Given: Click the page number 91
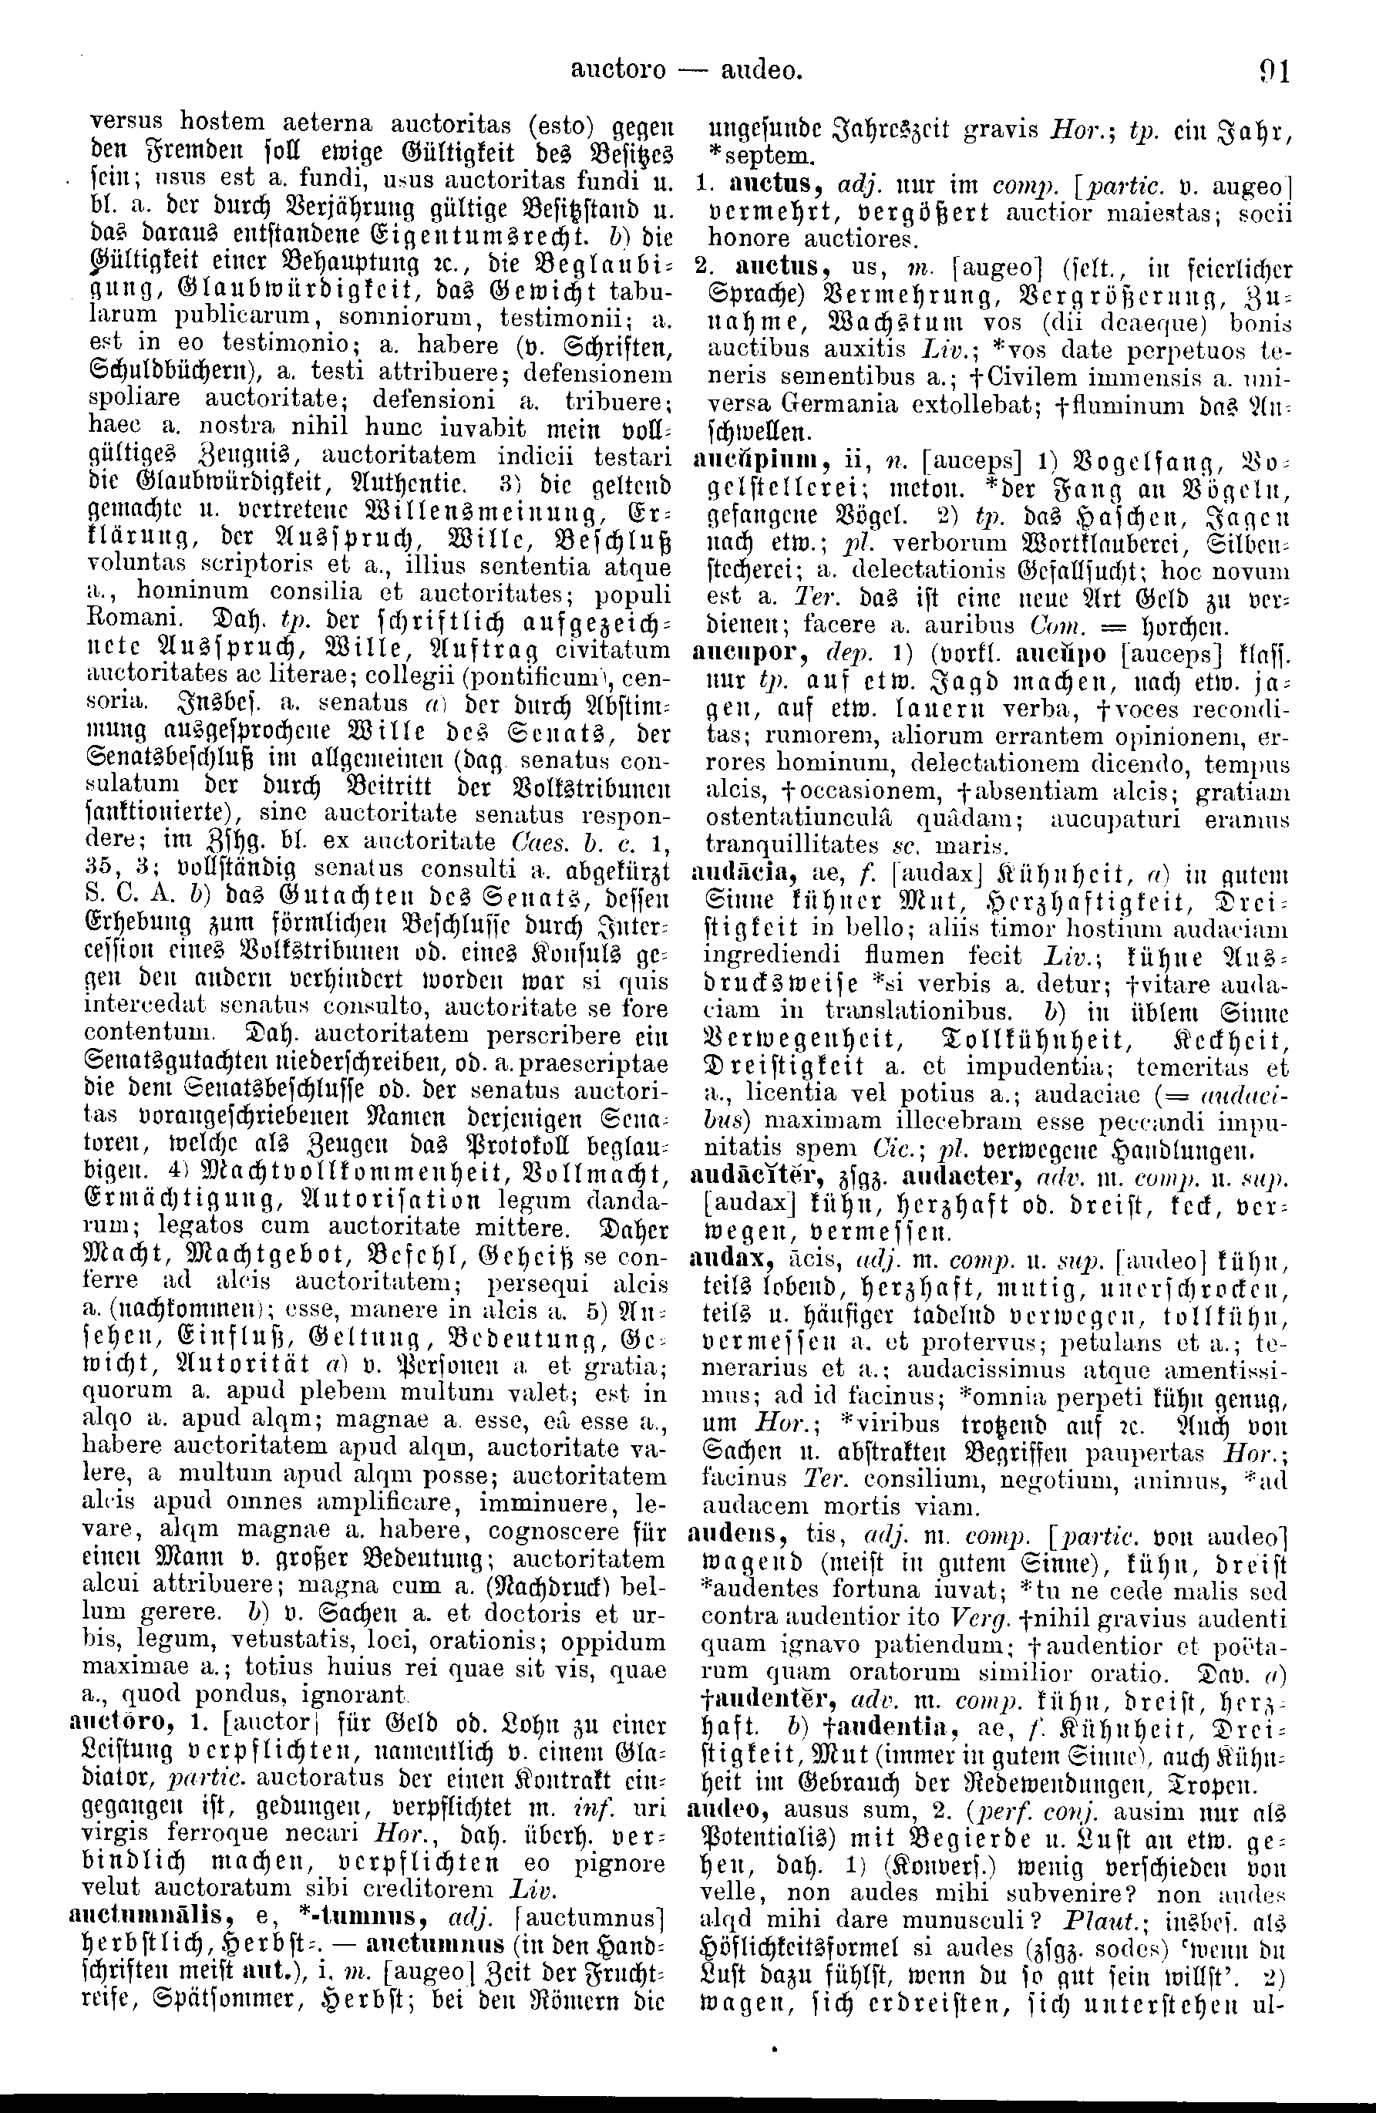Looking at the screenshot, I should point(1272,69).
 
